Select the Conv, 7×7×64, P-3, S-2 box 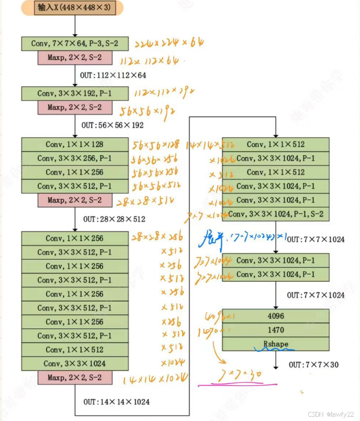tap(75, 43)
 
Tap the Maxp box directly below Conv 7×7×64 tap(75, 58)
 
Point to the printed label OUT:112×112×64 tap(113, 75)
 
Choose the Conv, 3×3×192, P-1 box tap(75, 93)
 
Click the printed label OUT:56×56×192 tap(113, 125)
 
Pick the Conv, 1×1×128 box tap(75, 145)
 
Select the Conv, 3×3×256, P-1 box tap(75, 159)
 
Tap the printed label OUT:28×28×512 tap(114, 219)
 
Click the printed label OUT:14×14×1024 tap(117, 402)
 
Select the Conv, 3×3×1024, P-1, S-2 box tap(276, 214)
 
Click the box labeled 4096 tap(276, 316)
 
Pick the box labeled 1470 tap(276, 330)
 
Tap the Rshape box tap(276, 344)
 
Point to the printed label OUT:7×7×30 tap(313, 365)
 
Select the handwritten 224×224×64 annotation tap(169, 43)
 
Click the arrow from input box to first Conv tap(75, 26)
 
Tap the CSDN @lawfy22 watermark tap(331, 414)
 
